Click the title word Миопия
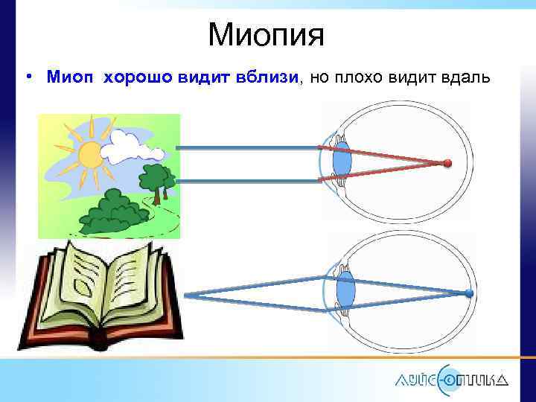pyautogui.click(x=266, y=33)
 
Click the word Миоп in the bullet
pyautogui.click(x=71, y=77)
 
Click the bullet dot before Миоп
pyautogui.click(x=27, y=77)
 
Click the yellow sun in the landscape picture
pyautogui.click(x=90, y=155)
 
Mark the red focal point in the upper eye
pyautogui.click(x=447, y=163)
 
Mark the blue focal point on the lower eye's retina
pyautogui.click(x=468, y=293)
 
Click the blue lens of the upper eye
pyautogui.click(x=342, y=162)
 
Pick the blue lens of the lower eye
pyautogui.click(x=344, y=289)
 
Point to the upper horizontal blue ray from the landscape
pyautogui.click(x=246, y=147)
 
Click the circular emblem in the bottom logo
pyautogui.click(x=450, y=378)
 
